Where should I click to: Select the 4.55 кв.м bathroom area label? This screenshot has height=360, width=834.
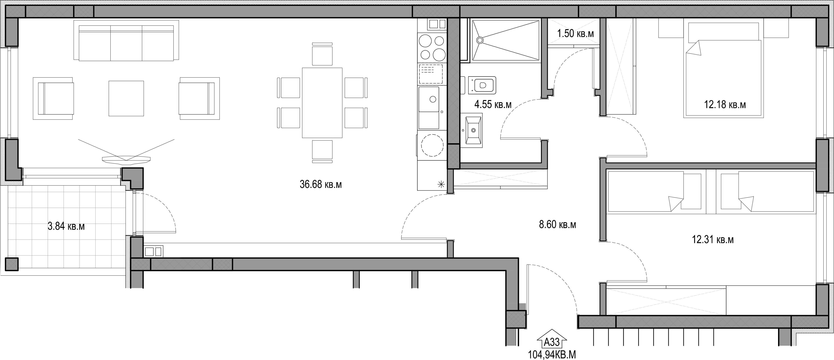(x=493, y=104)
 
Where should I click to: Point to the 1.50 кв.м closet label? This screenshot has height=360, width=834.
(x=575, y=33)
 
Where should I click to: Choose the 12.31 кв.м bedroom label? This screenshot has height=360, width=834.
(x=713, y=240)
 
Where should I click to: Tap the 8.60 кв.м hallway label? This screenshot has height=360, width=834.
(x=557, y=224)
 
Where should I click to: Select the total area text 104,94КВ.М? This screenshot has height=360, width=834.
(x=552, y=354)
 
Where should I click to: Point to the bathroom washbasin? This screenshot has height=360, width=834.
(x=471, y=130)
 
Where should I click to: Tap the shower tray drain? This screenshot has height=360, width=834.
(x=480, y=40)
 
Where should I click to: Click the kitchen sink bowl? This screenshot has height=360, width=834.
(x=429, y=99)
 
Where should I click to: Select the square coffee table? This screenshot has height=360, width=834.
(x=126, y=98)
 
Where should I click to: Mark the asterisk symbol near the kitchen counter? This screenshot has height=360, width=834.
(x=441, y=185)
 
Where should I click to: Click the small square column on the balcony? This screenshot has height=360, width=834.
(x=12, y=264)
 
